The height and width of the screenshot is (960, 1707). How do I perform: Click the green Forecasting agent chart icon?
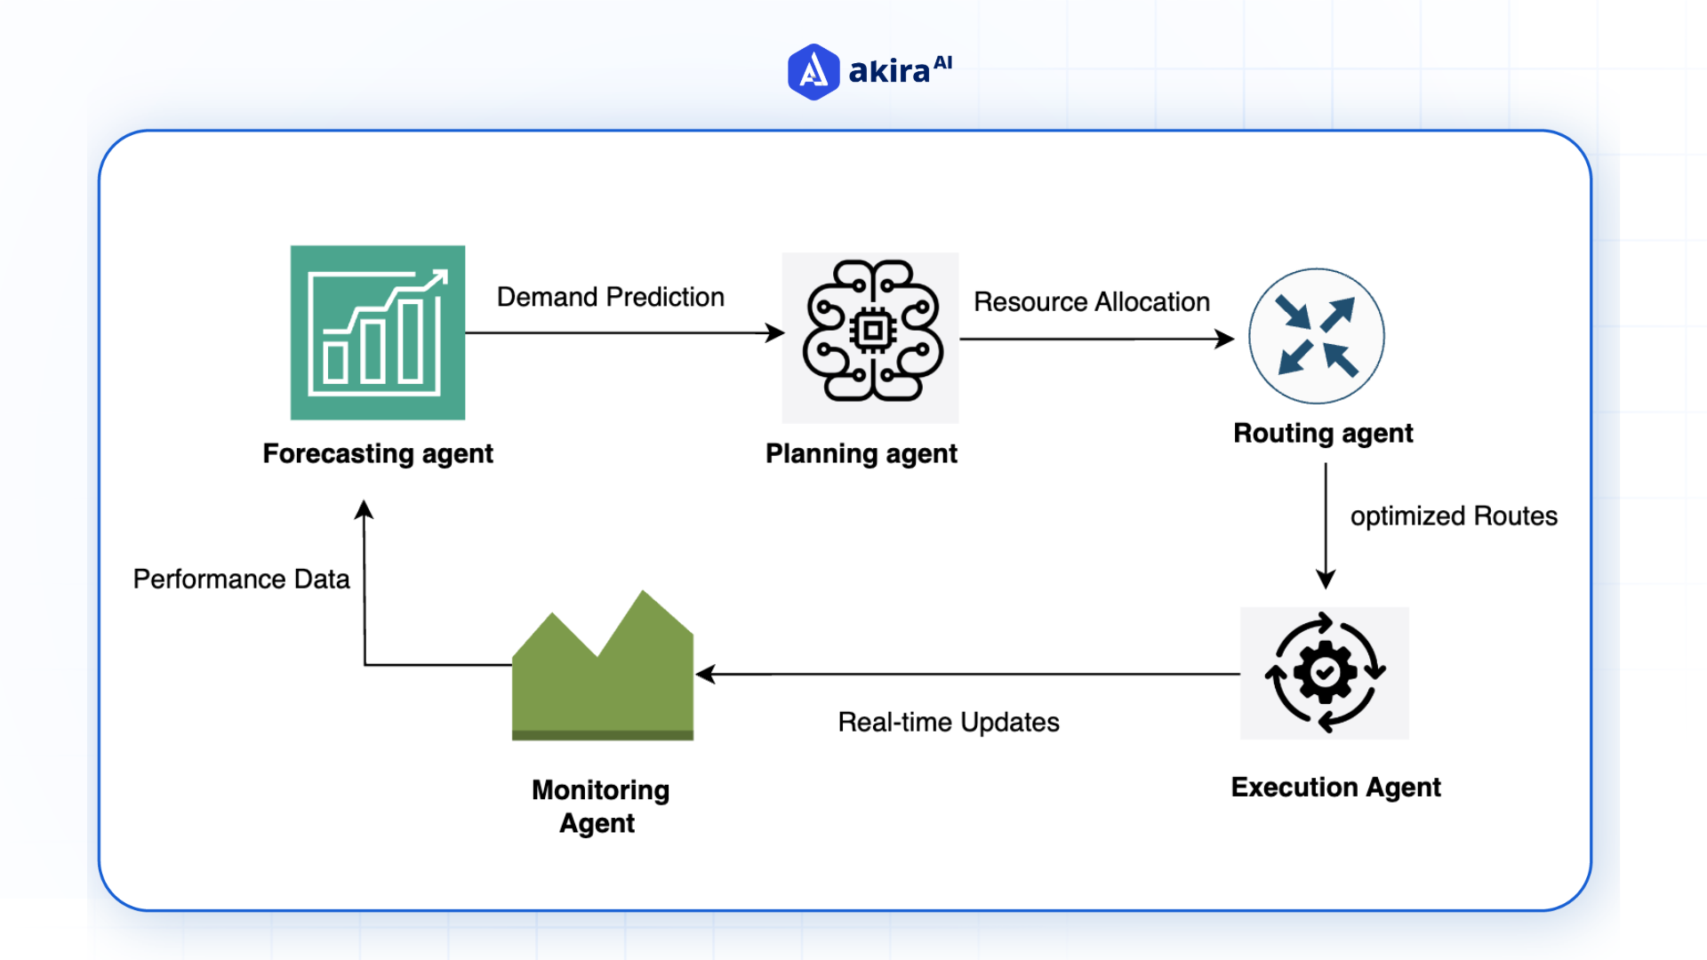378,332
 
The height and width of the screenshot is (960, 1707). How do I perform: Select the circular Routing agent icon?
1317,336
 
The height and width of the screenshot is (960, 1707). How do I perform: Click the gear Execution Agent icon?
1325,673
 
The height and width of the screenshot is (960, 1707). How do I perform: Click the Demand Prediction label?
610,297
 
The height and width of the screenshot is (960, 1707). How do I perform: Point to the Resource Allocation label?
1092,302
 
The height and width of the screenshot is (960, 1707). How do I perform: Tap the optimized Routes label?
1454,516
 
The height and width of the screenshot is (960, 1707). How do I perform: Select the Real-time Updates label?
949,723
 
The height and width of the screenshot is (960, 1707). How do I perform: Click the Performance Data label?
241,580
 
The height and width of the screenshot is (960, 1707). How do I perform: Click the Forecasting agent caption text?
378,454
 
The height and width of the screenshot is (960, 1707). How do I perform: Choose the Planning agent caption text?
862,454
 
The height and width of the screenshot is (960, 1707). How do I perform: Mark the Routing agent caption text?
1323,434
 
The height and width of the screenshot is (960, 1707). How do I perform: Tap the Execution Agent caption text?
1335,788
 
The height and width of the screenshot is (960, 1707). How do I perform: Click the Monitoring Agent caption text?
600,806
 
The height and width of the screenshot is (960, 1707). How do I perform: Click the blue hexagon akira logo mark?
813,72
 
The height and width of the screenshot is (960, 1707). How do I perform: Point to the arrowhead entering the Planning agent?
775,333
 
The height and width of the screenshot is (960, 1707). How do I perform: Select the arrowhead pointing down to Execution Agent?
1326,580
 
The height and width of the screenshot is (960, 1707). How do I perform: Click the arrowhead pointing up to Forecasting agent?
364,509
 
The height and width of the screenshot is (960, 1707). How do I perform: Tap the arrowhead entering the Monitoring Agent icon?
706,675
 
